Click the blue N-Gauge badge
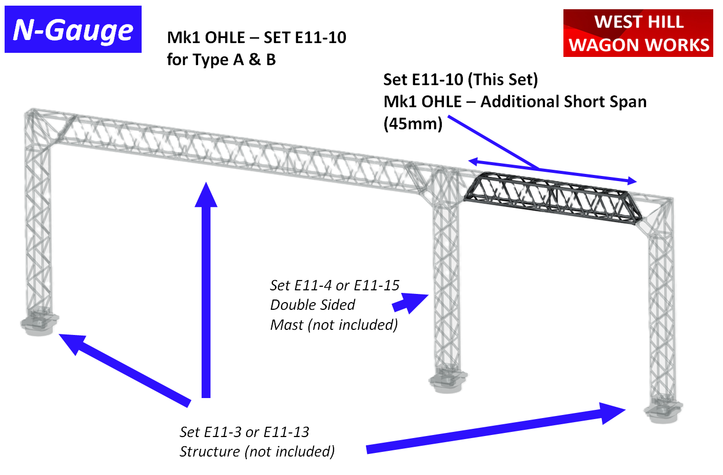(73, 29)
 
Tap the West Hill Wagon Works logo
(638, 33)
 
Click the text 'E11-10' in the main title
(321, 37)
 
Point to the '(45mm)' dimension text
(413, 124)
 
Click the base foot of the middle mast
(447, 381)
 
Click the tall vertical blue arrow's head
(206, 195)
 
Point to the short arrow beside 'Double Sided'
(410, 303)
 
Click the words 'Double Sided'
(312, 305)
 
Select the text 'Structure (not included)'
(257, 451)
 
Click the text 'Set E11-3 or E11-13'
(244, 432)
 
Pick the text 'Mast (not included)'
(334, 325)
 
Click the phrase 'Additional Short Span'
(563, 102)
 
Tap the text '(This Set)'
(503, 80)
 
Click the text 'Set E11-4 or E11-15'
(335, 285)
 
